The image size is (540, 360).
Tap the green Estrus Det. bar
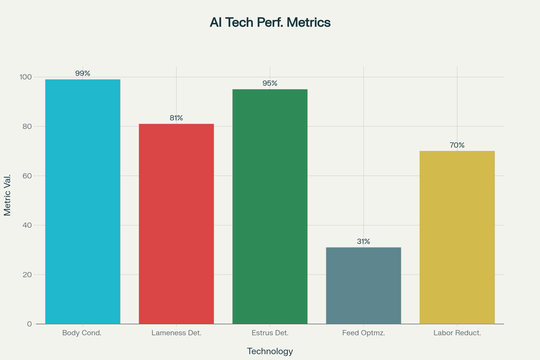tap(270, 206)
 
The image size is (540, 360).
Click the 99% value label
tap(83, 73)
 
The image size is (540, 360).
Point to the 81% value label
tap(176, 118)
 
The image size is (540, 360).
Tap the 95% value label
tap(270, 83)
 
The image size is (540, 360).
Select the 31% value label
tap(363, 241)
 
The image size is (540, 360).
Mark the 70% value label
tap(457, 145)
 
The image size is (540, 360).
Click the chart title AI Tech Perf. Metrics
tap(270, 22)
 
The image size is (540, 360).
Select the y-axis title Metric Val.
tap(7, 195)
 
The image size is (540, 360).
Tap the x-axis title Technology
tap(270, 351)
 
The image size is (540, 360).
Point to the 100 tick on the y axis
tap(26, 77)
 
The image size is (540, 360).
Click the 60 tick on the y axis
tap(27, 176)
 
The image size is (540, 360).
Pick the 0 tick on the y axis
tap(29, 324)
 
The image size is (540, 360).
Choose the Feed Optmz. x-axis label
tap(363, 333)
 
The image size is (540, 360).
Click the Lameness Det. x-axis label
tap(176, 333)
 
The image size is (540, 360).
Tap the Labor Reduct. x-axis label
tap(457, 333)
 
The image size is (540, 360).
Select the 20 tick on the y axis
tap(27, 275)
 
